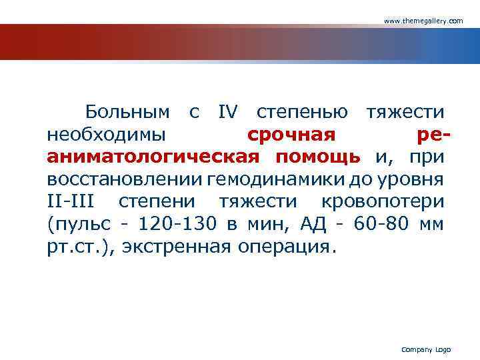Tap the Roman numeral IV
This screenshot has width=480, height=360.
(x=227, y=112)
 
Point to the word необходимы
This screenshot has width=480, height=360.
(x=107, y=135)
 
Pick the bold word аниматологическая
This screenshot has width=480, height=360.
(x=153, y=157)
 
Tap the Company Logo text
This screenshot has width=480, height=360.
(x=426, y=350)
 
